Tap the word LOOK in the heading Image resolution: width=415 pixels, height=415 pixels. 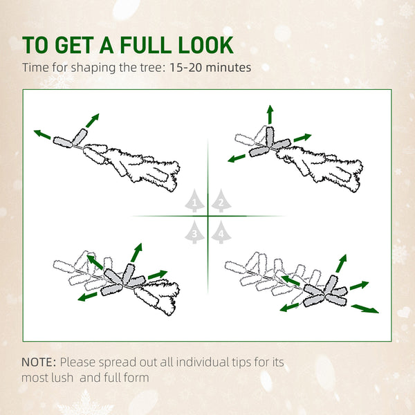coord(205,45)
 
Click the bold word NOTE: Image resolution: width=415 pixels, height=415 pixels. coord(39,362)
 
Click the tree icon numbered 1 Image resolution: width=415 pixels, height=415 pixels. coord(195,201)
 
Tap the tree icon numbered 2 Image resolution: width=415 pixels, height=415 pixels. coord(220,201)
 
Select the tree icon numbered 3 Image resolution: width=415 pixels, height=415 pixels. coord(195,234)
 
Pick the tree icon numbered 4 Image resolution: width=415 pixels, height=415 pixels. coord(220,234)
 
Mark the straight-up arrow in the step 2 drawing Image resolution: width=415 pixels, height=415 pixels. coord(270,114)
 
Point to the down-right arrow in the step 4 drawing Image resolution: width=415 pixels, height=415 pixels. coord(365,308)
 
